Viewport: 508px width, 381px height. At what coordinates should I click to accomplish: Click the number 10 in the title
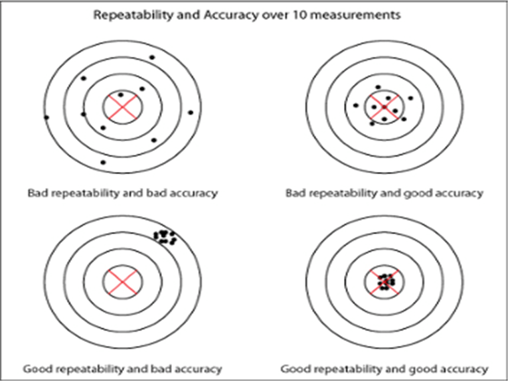click(x=300, y=15)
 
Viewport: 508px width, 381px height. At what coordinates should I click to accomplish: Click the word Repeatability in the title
click(x=133, y=15)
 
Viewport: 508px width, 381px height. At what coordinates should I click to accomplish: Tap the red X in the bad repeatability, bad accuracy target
click(x=122, y=107)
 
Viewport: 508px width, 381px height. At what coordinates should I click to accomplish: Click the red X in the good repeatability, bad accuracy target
click(x=122, y=282)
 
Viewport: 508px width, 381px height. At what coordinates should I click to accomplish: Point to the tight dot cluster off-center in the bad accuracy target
click(x=165, y=237)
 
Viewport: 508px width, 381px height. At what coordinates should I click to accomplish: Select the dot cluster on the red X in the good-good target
click(x=385, y=282)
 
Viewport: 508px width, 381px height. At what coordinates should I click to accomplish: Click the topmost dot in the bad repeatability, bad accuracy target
click(x=152, y=58)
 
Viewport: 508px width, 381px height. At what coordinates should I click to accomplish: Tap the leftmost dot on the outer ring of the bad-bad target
click(x=46, y=117)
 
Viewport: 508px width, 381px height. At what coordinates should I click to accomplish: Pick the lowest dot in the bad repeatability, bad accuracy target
click(x=103, y=163)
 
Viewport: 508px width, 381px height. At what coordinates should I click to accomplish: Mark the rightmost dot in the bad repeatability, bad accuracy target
click(x=191, y=113)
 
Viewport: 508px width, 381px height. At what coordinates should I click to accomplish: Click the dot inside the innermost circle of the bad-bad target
click(x=121, y=95)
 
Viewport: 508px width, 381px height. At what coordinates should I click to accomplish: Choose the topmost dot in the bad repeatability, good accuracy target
click(x=378, y=87)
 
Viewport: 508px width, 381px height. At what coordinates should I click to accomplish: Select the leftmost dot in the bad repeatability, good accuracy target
click(x=356, y=105)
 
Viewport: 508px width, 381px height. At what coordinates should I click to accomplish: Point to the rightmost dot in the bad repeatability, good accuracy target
click(x=411, y=98)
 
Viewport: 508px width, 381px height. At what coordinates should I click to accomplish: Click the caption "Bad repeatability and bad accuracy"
click(x=122, y=193)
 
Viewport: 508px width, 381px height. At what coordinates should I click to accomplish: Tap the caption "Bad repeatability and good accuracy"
click(x=384, y=193)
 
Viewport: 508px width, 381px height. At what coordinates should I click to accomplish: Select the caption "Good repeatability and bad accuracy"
click(x=122, y=369)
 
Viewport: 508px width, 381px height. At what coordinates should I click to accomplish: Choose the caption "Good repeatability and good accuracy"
click(x=384, y=369)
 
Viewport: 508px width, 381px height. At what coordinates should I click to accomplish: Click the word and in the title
click(x=189, y=15)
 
